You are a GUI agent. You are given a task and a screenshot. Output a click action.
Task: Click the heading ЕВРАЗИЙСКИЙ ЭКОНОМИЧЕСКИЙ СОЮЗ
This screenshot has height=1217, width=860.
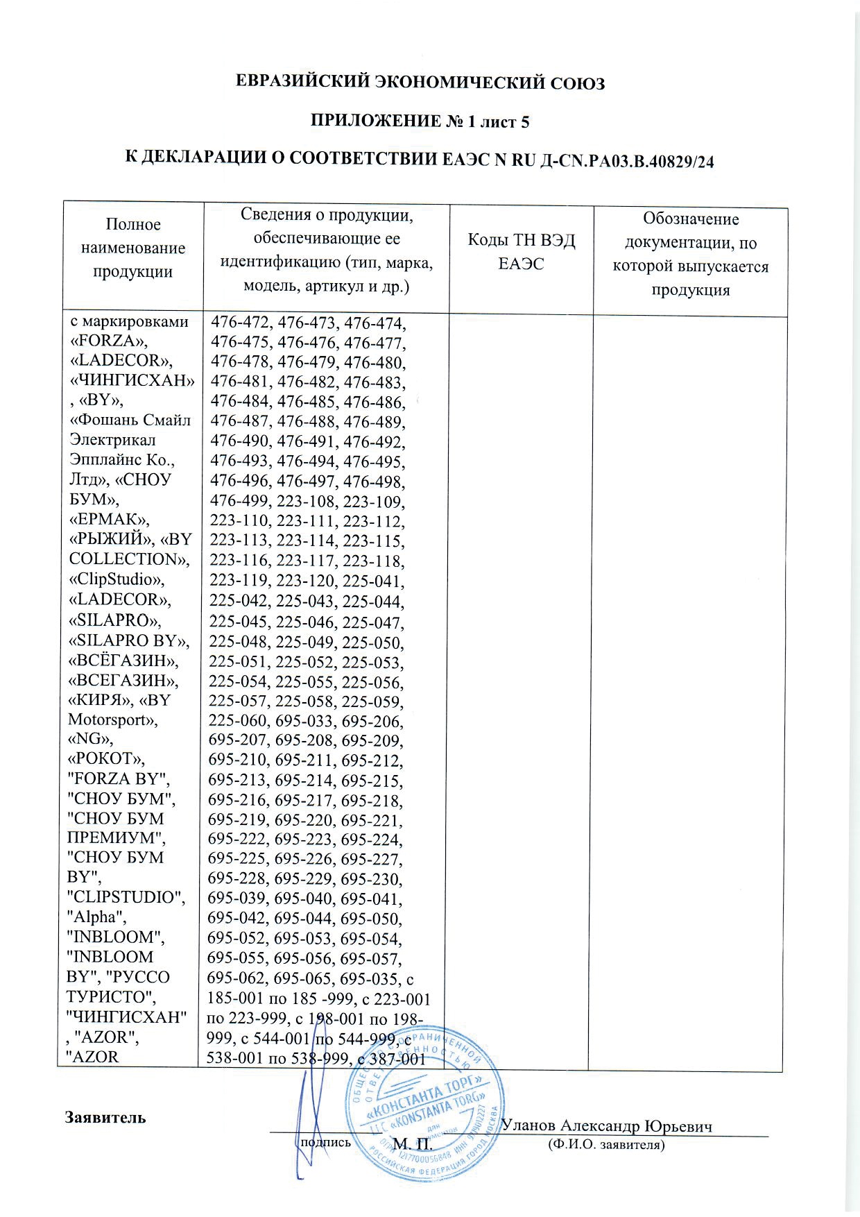421,83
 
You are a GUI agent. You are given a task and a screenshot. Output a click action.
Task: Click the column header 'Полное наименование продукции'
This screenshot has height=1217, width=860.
133,248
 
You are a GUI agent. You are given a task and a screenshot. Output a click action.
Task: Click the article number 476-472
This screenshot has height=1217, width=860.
240,323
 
